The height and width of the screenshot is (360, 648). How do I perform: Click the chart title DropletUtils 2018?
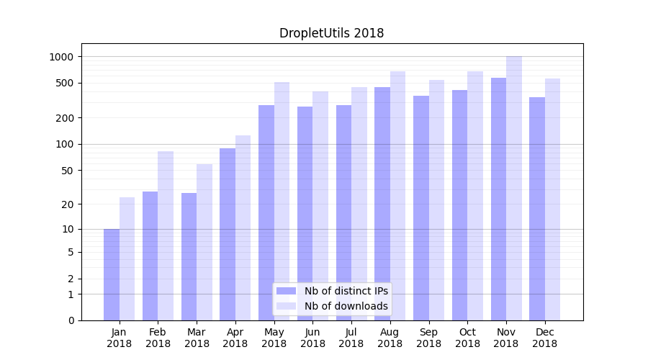pyautogui.click(x=331, y=33)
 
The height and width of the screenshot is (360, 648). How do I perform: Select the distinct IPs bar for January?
pyautogui.click(x=112, y=274)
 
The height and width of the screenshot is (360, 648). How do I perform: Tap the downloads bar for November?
pyautogui.click(x=514, y=188)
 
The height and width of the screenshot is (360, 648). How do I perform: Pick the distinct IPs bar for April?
pyautogui.click(x=228, y=234)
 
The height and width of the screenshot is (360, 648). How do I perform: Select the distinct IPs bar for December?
pyautogui.click(x=537, y=209)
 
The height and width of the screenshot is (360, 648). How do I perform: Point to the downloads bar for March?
pyautogui.click(x=204, y=242)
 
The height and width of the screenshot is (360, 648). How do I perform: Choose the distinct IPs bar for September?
pyautogui.click(x=421, y=208)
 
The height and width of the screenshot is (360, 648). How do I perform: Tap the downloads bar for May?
pyautogui.click(x=282, y=201)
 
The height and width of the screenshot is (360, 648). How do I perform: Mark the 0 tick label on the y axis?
pyautogui.click(x=70, y=320)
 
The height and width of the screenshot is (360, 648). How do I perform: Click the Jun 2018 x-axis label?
pyautogui.click(x=312, y=338)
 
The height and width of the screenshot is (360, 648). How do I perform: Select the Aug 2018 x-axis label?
pyautogui.click(x=390, y=338)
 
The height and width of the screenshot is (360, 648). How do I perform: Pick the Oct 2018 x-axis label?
pyautogui.click(x=467, y=338)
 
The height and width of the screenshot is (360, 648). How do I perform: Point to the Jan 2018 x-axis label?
pyautogui.click(x=119, y=338)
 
